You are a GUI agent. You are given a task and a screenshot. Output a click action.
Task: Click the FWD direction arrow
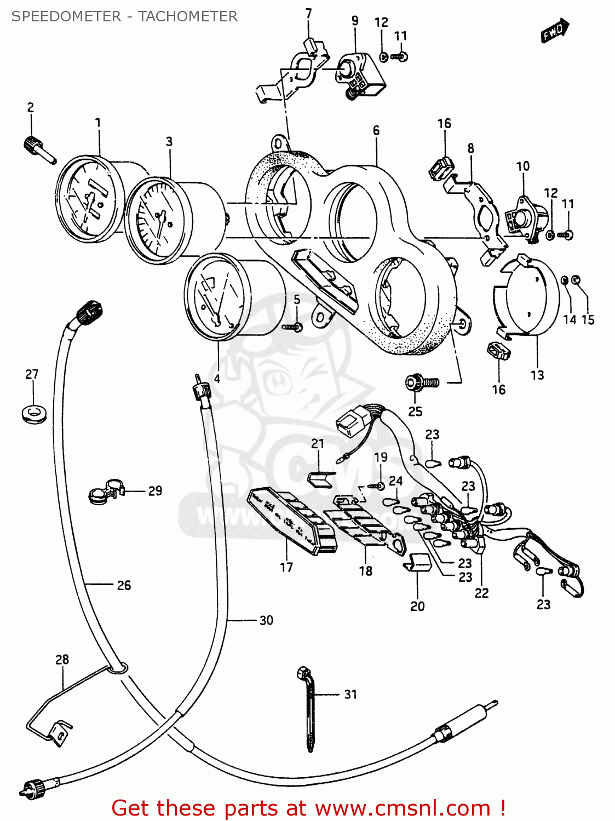pos(555,31)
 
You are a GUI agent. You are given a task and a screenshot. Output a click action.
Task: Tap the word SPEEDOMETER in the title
pos(66,16)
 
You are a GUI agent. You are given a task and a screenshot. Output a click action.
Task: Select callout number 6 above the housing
pos(376,130)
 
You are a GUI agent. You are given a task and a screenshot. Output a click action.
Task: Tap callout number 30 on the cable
pos(266,620)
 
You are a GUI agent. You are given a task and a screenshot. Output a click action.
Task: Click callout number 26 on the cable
pos(124,585)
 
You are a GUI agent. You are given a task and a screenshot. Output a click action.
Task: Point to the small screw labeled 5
pos(292,327)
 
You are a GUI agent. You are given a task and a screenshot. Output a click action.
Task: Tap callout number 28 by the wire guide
pos(62,660)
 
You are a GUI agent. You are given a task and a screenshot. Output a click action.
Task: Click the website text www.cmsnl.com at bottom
pos(403,808)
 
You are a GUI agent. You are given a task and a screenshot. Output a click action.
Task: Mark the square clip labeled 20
pos(417,562)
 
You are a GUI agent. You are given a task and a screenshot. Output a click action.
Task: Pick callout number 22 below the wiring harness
pos(481,593)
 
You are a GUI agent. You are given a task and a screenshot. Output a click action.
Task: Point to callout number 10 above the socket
pos(523,166)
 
